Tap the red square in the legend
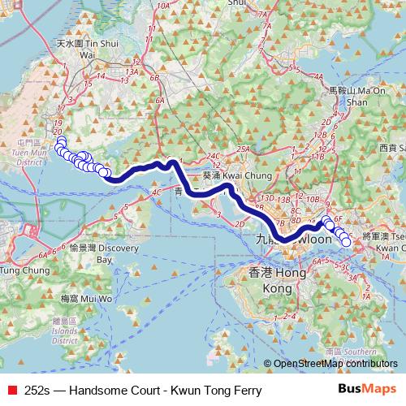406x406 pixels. [14, 391]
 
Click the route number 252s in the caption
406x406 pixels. [38, 391]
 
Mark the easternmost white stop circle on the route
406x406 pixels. [346, 240]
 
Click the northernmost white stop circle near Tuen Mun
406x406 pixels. [60, 140]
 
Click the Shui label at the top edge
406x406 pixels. [236, 3]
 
